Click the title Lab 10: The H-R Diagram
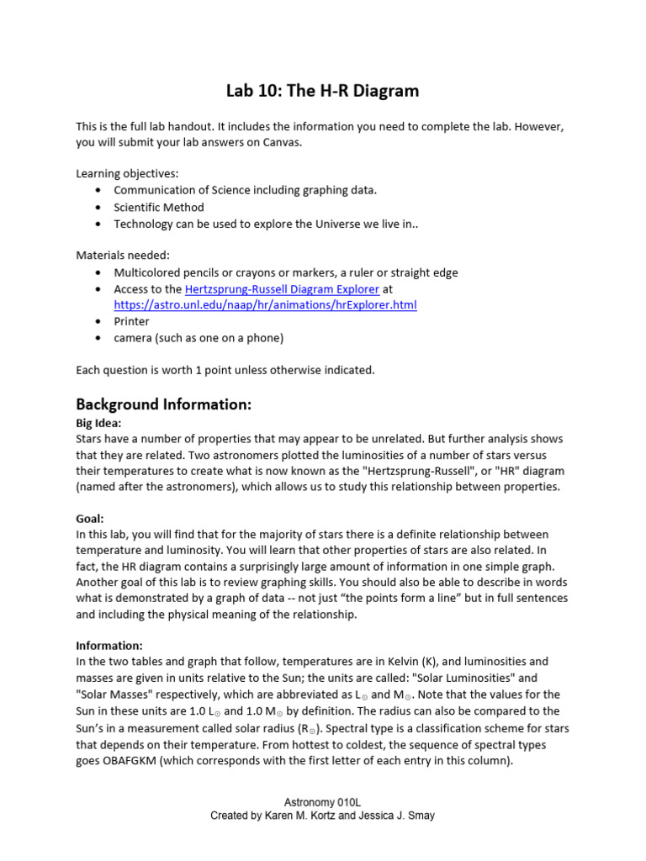(x=323, y=90)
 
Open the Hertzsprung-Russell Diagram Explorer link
(x=282, y=289)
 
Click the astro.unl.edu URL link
(x=265, y=304)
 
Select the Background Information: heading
(x=163, y=404)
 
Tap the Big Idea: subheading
(x=98, y=423)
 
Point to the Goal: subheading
(x=89, y=519)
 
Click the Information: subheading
(x=109, y=646)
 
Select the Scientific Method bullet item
(x=158, y=207)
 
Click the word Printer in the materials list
(x=131, y=321)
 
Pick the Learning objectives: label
(x=127, y=174)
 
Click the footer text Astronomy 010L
(x=322, y=804)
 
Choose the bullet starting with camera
(x=199, y=338)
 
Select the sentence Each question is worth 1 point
(x=225, y=370)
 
